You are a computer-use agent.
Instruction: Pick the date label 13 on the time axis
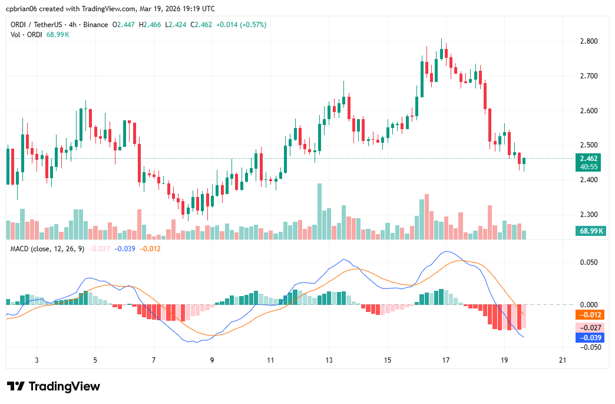(329, 360)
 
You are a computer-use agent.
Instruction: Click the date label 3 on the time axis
(37, 360)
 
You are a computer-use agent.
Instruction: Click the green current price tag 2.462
(589, 159)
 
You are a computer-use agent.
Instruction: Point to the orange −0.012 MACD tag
(589, 315)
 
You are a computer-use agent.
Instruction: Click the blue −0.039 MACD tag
(589, 337)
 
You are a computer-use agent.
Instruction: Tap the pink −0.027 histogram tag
(589, 327)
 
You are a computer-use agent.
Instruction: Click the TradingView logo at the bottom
(54, 386)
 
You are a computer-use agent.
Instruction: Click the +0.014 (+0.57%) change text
(242, 25)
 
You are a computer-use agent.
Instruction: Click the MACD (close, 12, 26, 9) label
(48, 249)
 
